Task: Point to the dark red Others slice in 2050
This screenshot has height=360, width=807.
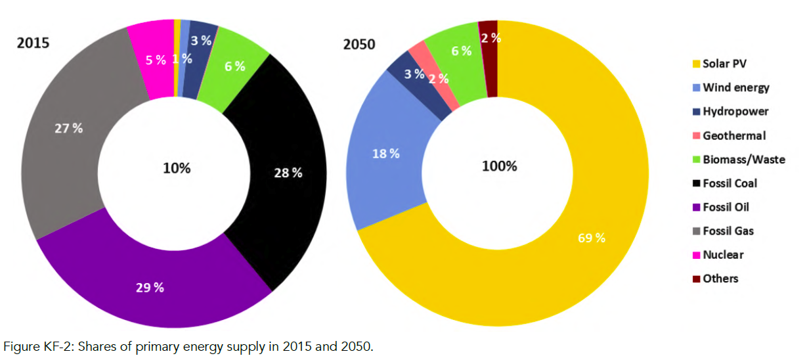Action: click(x=489, y=59)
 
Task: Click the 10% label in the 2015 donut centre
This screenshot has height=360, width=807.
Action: click(x=177, y=168)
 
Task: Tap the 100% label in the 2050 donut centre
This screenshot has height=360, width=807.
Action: click(x=499, y=166)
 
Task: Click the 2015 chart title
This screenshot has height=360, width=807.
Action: click(x=33, y=43)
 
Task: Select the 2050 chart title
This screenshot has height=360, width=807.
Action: click(x=359, y=45)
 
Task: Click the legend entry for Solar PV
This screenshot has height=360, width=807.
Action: click(x=724, y=64)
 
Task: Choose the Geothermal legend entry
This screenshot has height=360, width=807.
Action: click(x=734, y=135)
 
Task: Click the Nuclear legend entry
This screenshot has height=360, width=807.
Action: click(x=723, y=255)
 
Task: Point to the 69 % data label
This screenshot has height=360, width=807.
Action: click(x=591, y=238)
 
